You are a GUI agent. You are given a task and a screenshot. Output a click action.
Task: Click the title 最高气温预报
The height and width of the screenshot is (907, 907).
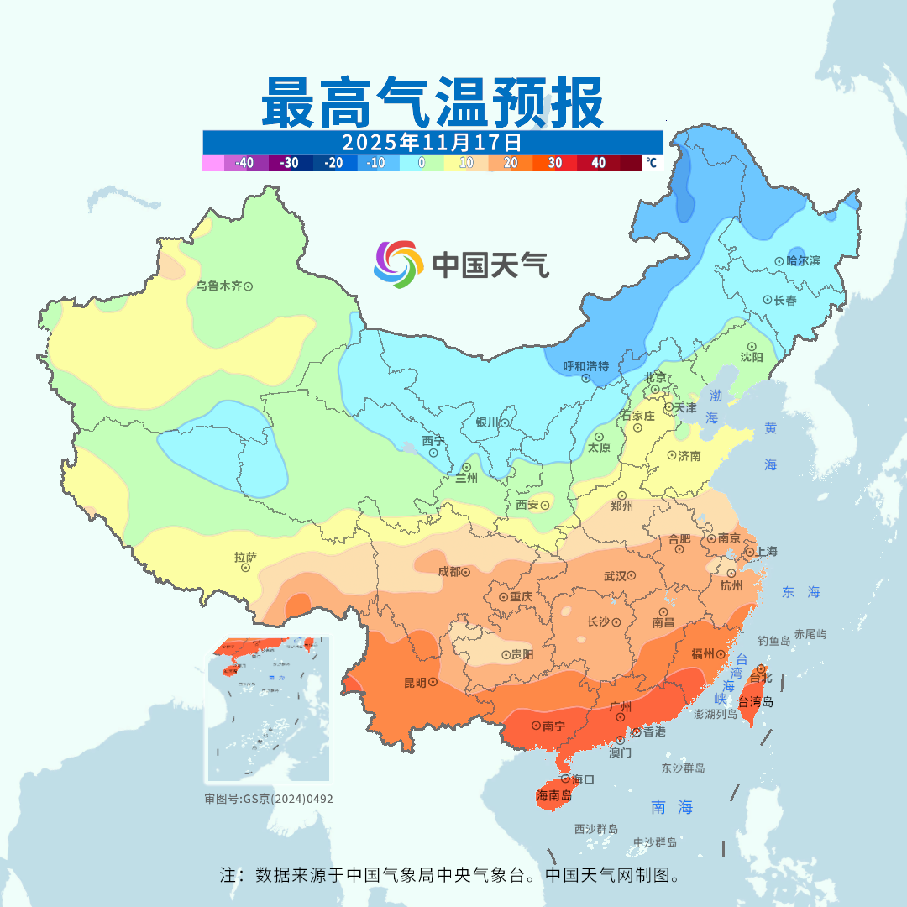click(432, 102)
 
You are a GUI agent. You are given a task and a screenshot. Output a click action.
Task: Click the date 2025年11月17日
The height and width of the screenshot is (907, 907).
click(432, 141)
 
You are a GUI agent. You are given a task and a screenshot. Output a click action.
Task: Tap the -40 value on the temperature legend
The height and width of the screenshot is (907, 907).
click(244, 163)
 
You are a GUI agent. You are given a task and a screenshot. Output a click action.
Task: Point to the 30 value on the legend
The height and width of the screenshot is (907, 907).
click(555, 163)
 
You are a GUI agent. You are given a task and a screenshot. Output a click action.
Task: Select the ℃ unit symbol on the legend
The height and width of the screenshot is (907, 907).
click(651, 163)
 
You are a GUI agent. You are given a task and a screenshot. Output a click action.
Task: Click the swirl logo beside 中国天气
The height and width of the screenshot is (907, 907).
click(398, 264)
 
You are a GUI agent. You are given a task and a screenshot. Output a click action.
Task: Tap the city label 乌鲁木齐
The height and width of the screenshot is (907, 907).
click(218, 286)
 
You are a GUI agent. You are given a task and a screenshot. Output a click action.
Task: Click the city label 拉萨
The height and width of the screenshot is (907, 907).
click(245, 556)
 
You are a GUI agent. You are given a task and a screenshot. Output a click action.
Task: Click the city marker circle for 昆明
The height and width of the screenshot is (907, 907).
click(433, 683)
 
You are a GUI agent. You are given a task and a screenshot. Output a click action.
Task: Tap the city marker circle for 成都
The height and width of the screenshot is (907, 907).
click(466, 571)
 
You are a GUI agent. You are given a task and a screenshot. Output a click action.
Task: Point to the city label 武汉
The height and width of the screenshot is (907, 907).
click(616, 576)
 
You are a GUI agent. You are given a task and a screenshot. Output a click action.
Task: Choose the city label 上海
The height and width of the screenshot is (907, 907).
click(766, 552)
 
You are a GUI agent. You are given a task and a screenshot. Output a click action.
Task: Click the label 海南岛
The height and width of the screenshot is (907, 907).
click(553, 795)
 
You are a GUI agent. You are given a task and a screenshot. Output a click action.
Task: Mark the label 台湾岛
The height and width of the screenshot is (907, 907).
click(756, 702)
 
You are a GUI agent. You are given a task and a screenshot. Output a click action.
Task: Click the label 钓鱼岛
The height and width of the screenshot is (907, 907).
click(773, 641)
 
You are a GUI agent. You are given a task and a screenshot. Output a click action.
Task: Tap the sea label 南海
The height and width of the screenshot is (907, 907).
click(673, 807)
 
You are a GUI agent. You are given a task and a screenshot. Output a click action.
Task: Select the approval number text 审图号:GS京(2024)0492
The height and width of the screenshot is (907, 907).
click(269, 799)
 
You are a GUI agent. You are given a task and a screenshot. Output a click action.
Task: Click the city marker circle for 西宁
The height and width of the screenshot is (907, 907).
click(433, 453)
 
